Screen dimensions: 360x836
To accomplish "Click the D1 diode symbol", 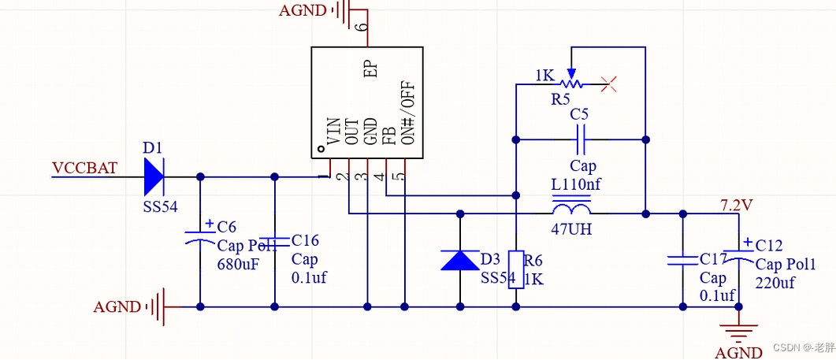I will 154,176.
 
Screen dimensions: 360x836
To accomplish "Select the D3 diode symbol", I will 459,260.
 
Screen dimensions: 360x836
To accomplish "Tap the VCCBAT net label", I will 84,168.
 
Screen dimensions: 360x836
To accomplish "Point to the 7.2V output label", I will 736,205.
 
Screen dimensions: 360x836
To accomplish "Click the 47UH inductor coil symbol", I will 571,212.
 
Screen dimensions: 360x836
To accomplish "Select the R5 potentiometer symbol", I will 570,82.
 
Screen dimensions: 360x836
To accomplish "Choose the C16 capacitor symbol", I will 274,240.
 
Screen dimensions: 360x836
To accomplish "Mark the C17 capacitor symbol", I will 682,259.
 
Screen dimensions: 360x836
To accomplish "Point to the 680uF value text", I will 238,265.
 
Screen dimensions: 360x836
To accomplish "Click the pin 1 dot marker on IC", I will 321,149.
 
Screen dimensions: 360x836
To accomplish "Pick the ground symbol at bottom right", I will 738,330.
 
